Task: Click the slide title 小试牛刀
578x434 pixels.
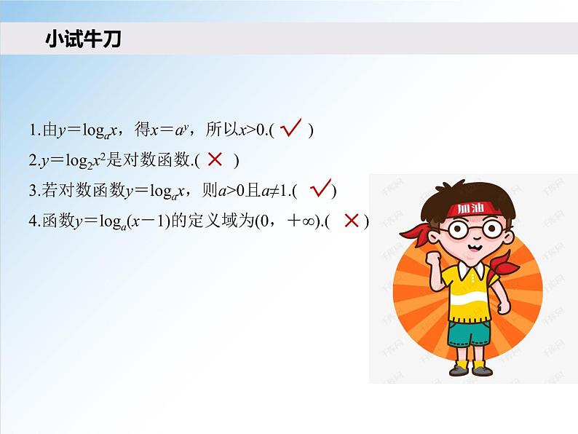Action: (x=82, y=39)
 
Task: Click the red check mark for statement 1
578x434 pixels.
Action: (x=291, y=129)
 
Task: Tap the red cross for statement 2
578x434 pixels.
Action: (x=215, y=159)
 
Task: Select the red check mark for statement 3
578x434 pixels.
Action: (x=320, y=189)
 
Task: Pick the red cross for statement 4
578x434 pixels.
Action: (x=352, y=220)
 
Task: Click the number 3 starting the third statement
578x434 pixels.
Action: (x=33, y=191)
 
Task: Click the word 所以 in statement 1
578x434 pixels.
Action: (x=219, y=130)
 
